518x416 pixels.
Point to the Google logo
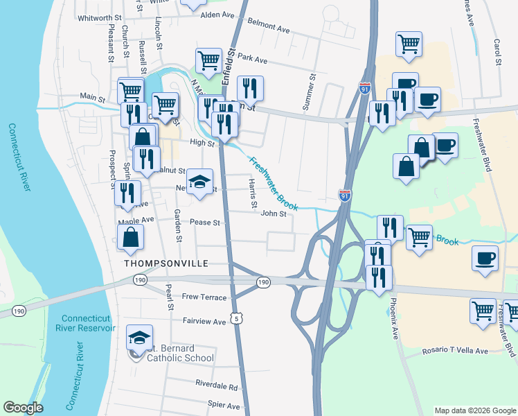coord(23,408)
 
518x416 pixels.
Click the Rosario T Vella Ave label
coord(455,352)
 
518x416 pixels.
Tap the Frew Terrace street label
coord(204,297)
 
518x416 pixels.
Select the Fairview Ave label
coord(204,322)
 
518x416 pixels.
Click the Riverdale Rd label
coord(216,385)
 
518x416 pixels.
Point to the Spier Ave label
coord(223,406)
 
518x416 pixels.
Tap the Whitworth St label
coord(100,18)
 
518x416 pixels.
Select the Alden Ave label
coord(217,15)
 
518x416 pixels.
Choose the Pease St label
coord(205,223)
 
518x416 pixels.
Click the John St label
coord(274,214)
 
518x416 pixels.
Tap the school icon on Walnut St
coord(200,182)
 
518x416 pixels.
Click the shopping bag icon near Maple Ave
coord(130,238)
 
